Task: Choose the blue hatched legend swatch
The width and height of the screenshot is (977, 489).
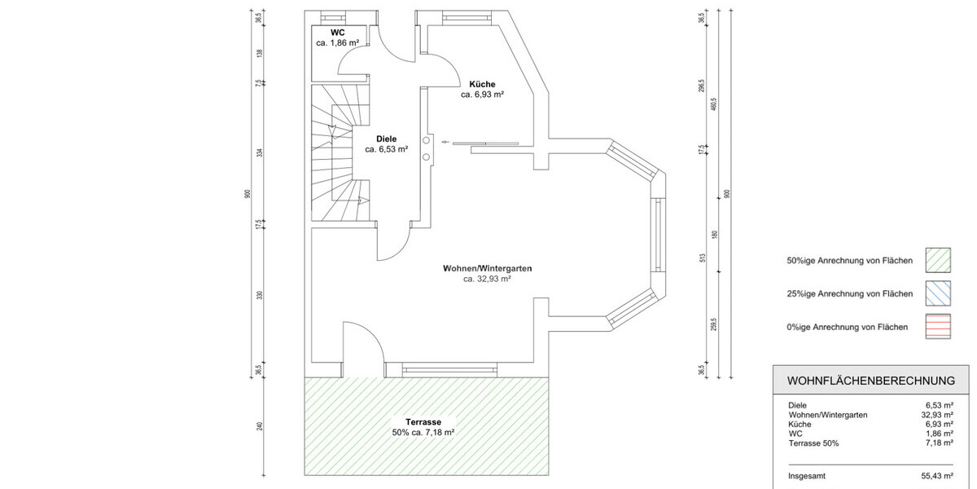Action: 940,293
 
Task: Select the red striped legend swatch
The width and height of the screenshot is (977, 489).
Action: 940,327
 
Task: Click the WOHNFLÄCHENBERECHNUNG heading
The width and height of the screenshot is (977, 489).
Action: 870,381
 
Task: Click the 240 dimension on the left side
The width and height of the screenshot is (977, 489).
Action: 260,426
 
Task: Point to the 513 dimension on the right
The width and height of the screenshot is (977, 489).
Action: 703,259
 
